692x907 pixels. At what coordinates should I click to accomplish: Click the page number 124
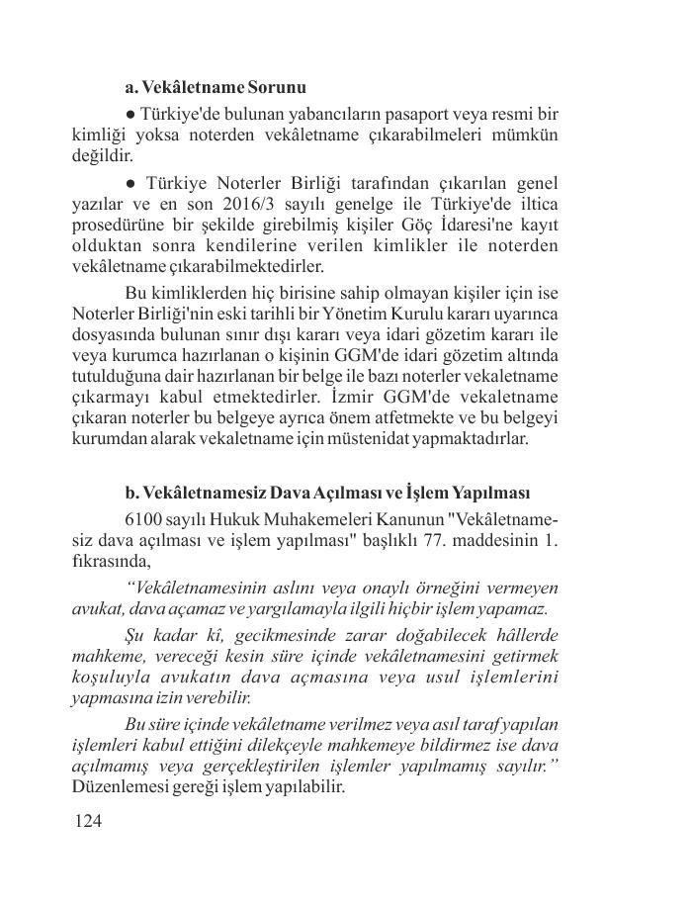[88, 821]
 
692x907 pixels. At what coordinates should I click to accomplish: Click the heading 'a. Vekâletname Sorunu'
[216, 88]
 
